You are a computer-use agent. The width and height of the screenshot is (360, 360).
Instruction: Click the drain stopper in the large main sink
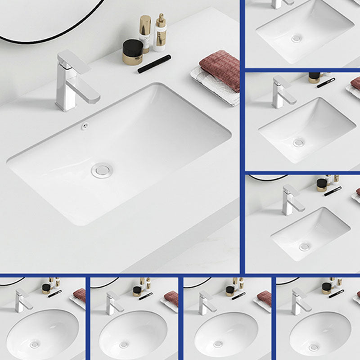click(101, 170)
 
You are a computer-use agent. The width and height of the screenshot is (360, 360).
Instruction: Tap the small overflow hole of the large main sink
click(84, 127)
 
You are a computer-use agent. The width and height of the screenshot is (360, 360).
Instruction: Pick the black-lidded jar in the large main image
click(133, 51)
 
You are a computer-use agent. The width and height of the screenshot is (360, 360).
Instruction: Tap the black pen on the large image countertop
click(154, 64)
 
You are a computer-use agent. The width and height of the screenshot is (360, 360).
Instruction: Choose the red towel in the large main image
click(221, 70)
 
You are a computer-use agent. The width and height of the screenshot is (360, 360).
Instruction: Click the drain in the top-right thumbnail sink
click(296, 39)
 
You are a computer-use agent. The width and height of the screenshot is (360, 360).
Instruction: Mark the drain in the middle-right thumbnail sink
click(298, 143)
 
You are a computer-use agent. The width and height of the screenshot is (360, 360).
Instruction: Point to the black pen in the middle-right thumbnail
click(326, 83)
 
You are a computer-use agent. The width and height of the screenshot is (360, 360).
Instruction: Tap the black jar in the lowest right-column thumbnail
click(321, 184)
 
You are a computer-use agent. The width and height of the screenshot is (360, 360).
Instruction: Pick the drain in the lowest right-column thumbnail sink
click(305, 246)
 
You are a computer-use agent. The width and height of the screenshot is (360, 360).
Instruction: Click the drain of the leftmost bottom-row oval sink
click(35, 345)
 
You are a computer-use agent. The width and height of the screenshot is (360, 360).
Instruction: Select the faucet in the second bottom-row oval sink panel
click(113, 302)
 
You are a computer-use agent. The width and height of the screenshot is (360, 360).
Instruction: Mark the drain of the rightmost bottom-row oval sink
click(313, 346)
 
